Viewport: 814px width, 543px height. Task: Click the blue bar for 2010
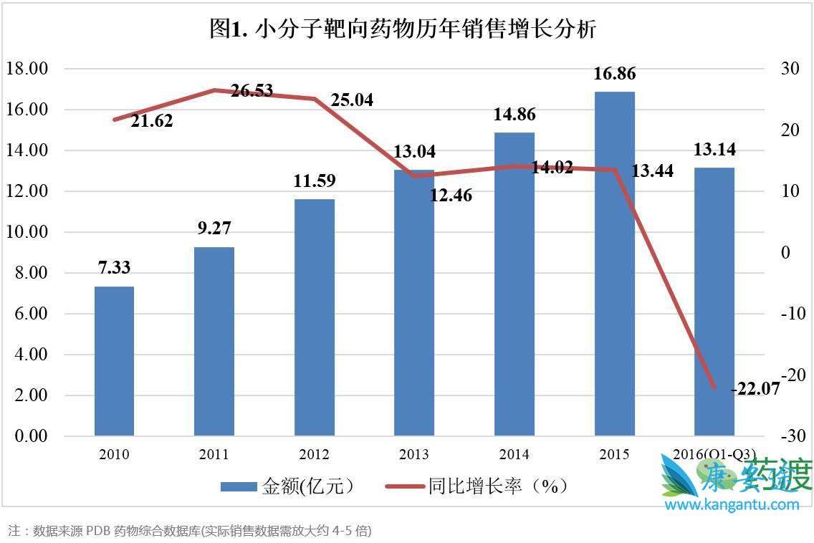[114, 361]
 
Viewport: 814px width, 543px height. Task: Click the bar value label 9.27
[214, 229]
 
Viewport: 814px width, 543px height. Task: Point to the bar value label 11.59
[315, 181]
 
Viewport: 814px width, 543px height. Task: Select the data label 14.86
[514, 115]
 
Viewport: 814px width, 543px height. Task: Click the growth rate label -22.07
[755, 390]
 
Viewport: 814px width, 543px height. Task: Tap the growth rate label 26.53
[252, 91]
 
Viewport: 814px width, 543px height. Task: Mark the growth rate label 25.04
[352, 100]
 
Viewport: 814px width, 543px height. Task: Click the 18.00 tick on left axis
[27, 69]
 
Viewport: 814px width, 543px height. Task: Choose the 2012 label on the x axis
[314, 455]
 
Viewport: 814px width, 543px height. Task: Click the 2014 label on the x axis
[514, 455]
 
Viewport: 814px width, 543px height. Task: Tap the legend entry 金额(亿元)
[287, 486]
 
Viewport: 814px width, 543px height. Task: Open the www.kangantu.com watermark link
[732, 505]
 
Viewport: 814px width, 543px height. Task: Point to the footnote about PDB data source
[190, 531]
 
